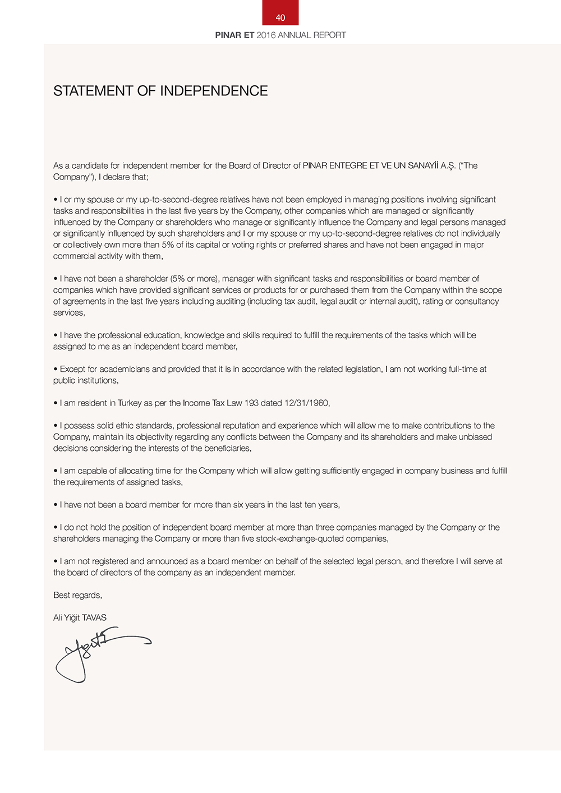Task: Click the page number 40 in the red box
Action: tap(280, 17)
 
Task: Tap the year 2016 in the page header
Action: tap(266, 35)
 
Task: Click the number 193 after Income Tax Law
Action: tap(251, 403)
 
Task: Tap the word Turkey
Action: tap(130, 403)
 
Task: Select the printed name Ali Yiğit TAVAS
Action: tap(80, 617)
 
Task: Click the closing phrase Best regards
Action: tap(77, 595)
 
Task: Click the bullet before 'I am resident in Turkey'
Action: tap(56, 403)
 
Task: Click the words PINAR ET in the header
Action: tap(234, 35)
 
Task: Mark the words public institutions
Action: tap(85, 380)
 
